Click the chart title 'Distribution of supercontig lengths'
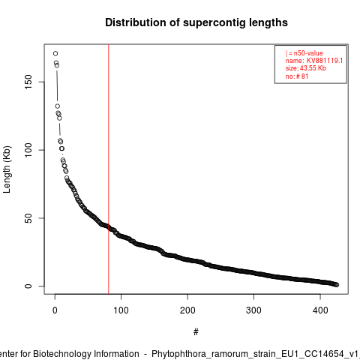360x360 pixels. click(x=196, y=22)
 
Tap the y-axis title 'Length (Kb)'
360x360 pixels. click(x=7, y=169)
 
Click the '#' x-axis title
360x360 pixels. click(x=196, y=332)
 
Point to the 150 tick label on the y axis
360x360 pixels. click(x=28, y=82)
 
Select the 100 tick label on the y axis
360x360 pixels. click(x=28, y=150)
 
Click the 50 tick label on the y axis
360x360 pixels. click(x=28, y=218)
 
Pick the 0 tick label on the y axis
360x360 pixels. click(x=28, y=286)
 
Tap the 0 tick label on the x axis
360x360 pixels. click(x=55, y=310)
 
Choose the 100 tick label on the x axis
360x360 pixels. click(x=121, y=310)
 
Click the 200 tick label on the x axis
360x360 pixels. click(x=187, y=310)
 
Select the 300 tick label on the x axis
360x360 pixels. click(x=253, y=310)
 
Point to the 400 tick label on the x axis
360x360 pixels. click(x=320, y=310)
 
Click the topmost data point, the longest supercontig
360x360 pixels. click(x=55, y=53)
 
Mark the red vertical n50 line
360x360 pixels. click(x=109, y=169)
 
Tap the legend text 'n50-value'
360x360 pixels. click(x=308, y=53)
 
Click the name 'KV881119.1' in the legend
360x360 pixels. click(x=325, y=61)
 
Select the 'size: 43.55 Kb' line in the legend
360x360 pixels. click(x=306, y=68)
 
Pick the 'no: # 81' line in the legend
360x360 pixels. click(x=297, y=76)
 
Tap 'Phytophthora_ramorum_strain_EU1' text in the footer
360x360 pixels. click(x=223, y=354)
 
